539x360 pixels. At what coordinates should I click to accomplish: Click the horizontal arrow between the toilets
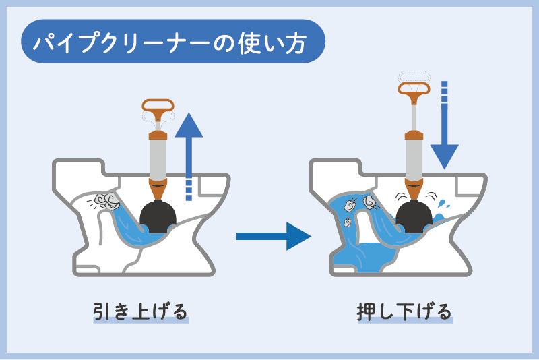(272, 236)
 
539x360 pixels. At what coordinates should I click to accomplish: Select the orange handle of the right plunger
(414, 89)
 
